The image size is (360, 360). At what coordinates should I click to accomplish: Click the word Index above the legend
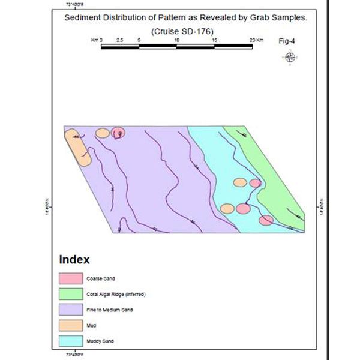[x=74, y=260]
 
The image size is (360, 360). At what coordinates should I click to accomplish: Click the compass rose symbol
[x=290, y=58]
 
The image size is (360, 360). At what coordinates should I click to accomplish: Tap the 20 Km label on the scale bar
[x=256, y=40]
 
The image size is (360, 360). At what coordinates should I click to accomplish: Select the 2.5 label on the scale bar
[x=120, y=40]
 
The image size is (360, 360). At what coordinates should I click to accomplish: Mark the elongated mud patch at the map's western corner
[x=77, y=147]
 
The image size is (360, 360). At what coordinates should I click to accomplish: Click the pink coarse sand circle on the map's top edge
[x=118, y=133]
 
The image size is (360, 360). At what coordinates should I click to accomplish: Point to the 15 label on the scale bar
[x=215, y=40]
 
